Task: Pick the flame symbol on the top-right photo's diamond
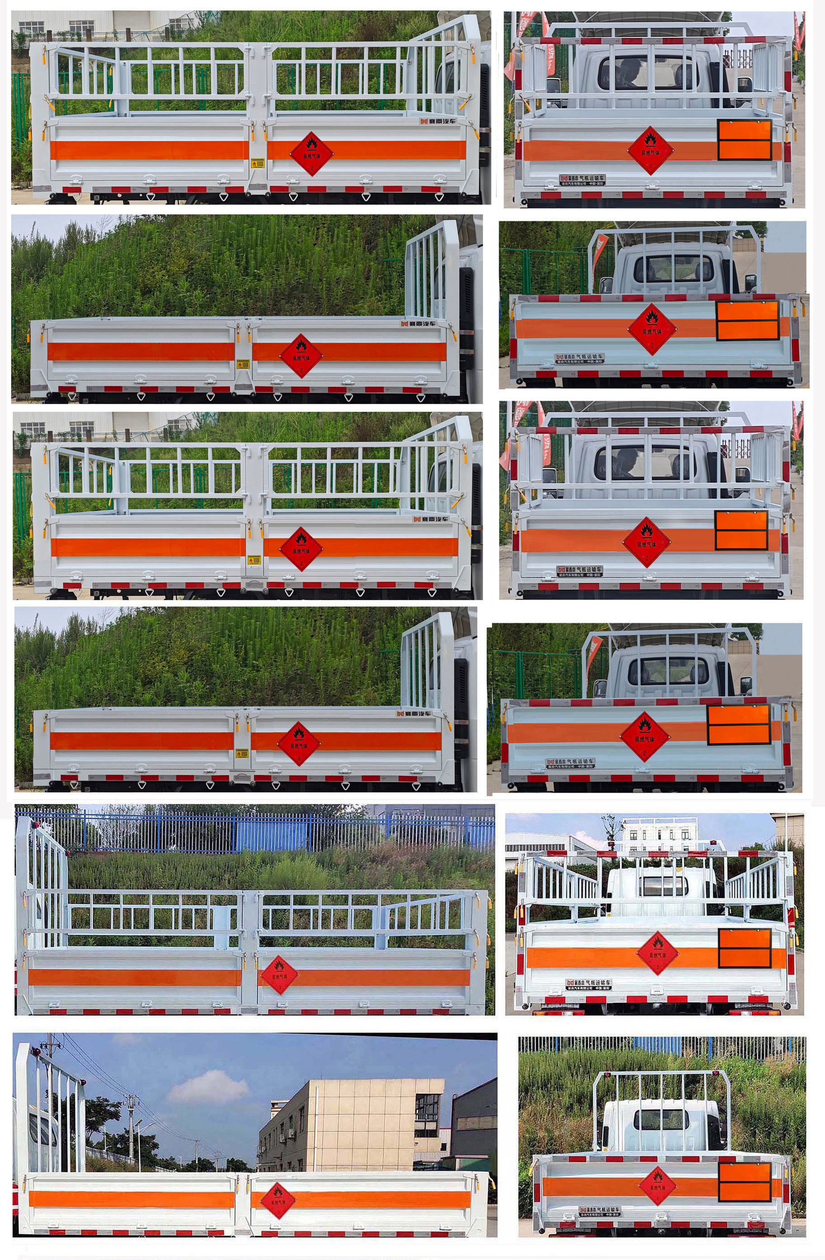click(650, 141)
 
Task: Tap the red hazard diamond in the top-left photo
click(311, 153)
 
